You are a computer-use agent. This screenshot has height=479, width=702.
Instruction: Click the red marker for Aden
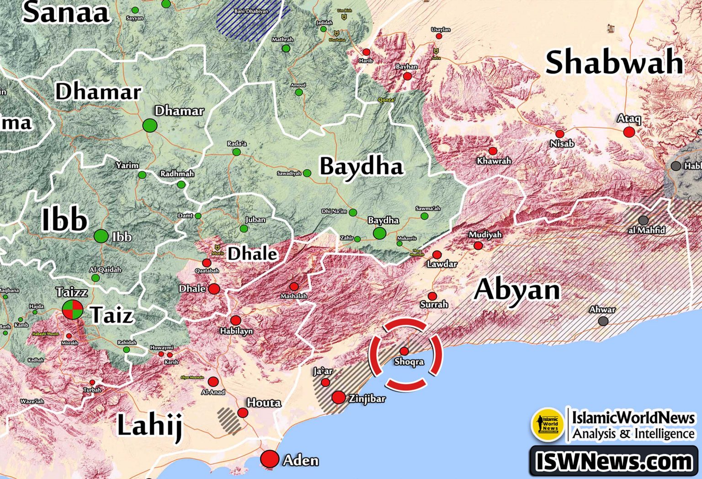[x=270, y=459]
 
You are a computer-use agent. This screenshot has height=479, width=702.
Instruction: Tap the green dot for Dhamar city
[x=150, y=125]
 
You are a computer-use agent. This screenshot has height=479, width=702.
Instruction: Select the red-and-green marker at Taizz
[x=73, y=310]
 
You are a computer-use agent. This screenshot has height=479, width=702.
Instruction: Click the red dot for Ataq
[x=629, y=132]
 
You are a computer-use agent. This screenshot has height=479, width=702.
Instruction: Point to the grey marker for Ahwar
[x=603, y=321]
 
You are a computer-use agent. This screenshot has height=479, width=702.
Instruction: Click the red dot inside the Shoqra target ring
[x=404, y=351]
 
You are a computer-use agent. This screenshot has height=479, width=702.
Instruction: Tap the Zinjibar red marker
[x=339, y=397]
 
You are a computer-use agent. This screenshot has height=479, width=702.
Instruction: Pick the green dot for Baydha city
[x=379, y=233]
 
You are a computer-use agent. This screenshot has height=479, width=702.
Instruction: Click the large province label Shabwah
[x=614, y=63]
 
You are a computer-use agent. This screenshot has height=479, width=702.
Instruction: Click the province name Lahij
[x=150, y=425]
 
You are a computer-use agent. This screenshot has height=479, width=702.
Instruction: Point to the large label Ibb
[x=64, y=220]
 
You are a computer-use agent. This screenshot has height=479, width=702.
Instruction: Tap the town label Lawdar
[x=442, y=264]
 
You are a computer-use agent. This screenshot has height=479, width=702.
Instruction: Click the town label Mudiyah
[x=485, y=235]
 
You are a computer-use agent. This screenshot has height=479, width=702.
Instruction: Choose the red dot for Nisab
[x=560, y=134]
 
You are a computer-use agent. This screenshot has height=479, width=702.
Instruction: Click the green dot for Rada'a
[x=236, y=152]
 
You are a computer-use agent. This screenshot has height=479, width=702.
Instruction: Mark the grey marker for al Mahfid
[x=643, y=221]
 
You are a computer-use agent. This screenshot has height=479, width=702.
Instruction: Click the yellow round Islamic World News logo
[x=547, y=424]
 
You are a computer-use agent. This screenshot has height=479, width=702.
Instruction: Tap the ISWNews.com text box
[x=614, y=461]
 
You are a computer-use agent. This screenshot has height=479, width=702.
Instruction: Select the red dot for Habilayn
[x=236, y=320]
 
